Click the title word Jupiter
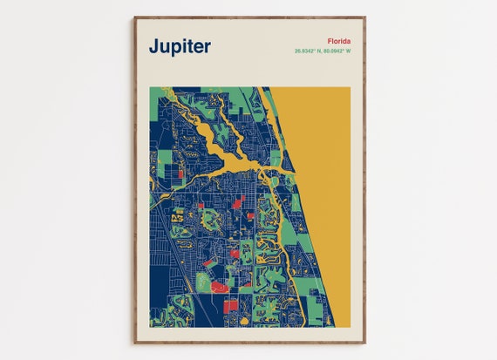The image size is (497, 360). pyautogui.click(x=179, y=46)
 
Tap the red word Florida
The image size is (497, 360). pyautogui.click(x=339, y=41)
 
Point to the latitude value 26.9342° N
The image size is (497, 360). pyautogui.click(x=309, y=51)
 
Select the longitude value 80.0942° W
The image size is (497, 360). pyautogui.click(x=338, y=51)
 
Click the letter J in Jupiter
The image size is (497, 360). pyautogui.click(x=153, y=46)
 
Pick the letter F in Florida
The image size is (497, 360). pyautogui.click(x=330, y=41)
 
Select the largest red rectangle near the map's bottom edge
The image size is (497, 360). pyautogui.click(x=229, y=306)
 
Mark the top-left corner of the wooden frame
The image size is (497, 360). pyautogui.click(x=134, y=17)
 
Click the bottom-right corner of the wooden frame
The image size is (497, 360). pyautogui.click(x=365, y=343)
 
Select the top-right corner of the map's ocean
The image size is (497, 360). pyautogui.click(x=349, y=88)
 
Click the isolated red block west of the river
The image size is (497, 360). pyautogui.click(x=180, y=173)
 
